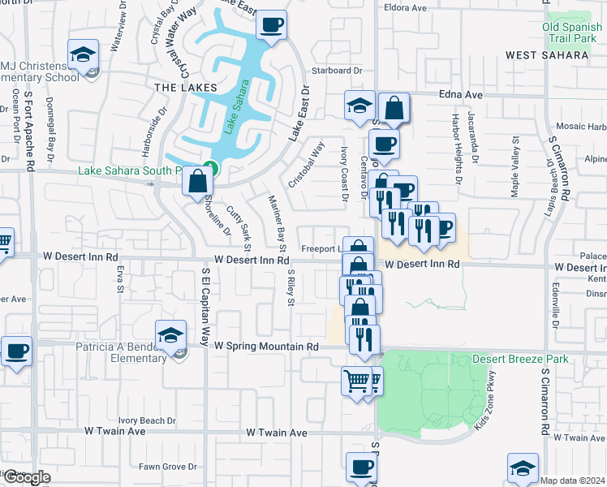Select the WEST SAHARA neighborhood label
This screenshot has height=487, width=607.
(546, 55)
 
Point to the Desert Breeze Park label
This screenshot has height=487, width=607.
(516, 359)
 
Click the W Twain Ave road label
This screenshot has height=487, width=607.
(277, 433)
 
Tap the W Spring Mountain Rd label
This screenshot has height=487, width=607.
(265, 347)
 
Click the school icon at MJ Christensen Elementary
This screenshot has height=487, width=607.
(82, 55)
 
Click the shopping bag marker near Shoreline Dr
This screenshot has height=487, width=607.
(197, 182)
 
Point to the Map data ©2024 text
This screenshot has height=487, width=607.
(573, 481)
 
